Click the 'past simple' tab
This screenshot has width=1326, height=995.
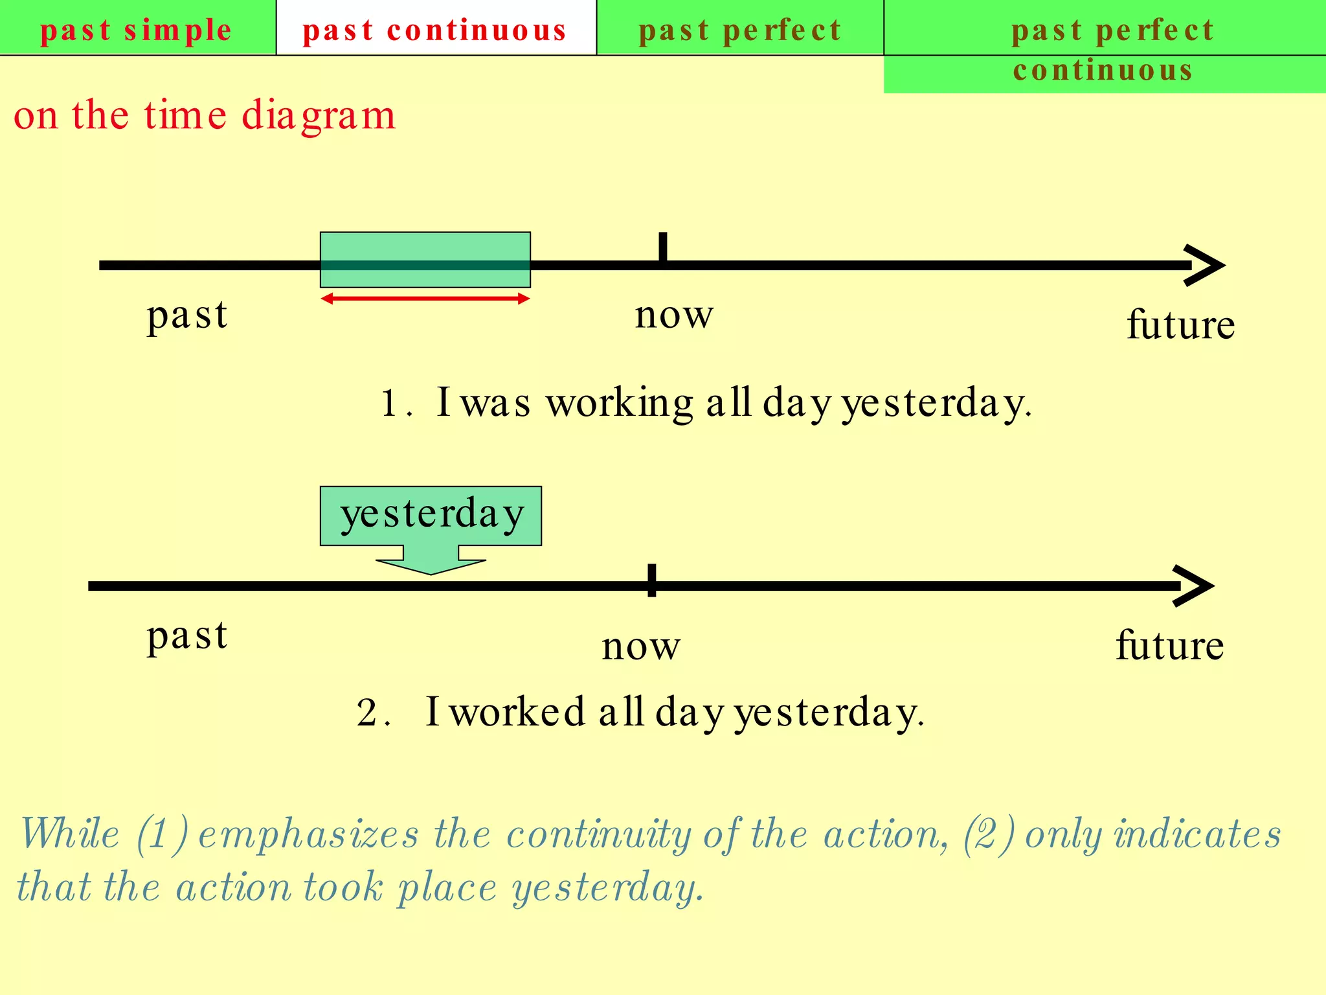[x=136, y=30]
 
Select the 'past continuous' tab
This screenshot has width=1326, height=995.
[x=435, y=30]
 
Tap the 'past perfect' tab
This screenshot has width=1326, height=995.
[x=740, y=30]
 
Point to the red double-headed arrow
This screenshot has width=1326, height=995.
[x=425, y=299]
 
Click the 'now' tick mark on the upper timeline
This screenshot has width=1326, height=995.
[x=662, y=247]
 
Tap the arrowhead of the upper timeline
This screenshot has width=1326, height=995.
[x=1206, y=265]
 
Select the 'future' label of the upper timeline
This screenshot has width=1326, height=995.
[x=1181, y=325]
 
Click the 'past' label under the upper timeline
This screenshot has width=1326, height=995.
[x=187, y=315]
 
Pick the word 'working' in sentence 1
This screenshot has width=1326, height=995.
[x=620, y=404]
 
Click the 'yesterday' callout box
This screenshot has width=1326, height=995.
[x=431, y=515]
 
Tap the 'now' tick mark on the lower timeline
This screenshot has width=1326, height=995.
[x=652, y=581]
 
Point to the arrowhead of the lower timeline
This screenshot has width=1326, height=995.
[x=1195, y=586]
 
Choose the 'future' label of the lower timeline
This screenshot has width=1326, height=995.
[x=1170, y=645]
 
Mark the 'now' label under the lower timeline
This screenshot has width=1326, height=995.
[x=641, y=646]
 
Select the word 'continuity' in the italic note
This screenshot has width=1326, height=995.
[x=599, y=834]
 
